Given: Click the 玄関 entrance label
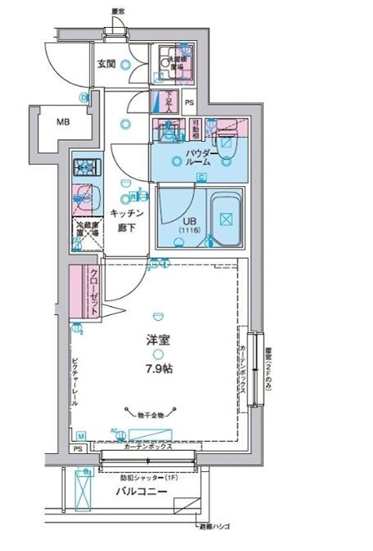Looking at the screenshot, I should point(105,64).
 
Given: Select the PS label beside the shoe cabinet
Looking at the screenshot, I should point(189,103).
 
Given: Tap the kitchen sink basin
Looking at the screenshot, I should point(82,197).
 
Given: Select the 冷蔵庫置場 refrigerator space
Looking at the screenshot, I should point(82,232).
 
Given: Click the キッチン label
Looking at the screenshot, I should point(127,213).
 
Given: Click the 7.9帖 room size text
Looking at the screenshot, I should point(160,368).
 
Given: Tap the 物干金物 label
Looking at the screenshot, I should point(151,415).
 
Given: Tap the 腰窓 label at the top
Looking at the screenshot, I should point(118,11).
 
